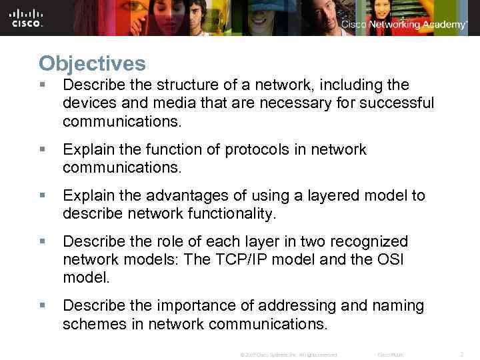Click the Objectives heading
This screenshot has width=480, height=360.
pyautogui.click(x=92, y=64)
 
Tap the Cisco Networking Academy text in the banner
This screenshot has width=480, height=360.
pyautogui.click(x=404, y=25)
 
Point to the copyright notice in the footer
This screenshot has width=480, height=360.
pyautogui.click(x=288, y=355)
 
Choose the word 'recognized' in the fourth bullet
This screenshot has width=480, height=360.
pyautogui.click(x=371, y=241)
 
